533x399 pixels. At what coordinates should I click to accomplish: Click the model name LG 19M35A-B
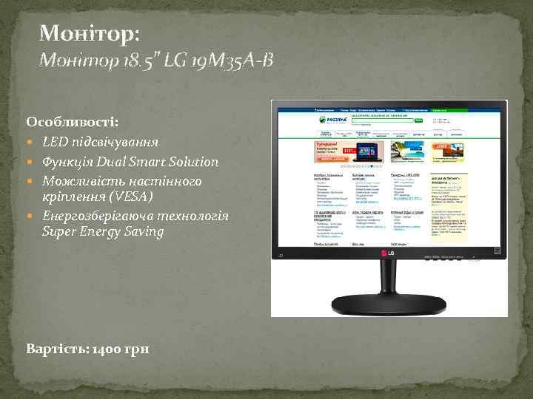pos(223,60)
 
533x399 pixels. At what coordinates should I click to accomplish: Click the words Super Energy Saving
pos(103,232)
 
